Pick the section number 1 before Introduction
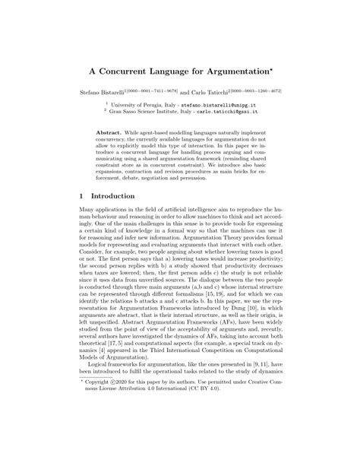[82, 195]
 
